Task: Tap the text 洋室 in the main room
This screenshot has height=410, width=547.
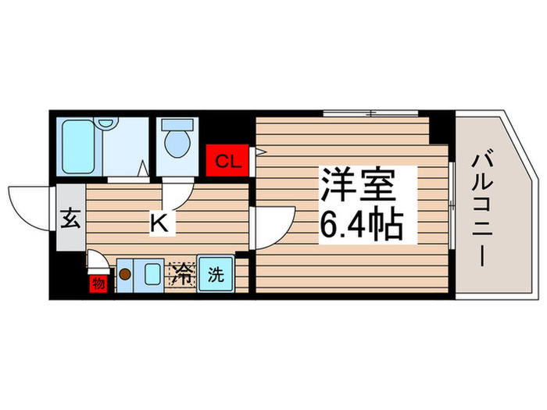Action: tap(359, 187)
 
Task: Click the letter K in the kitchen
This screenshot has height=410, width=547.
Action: tap(159, 223)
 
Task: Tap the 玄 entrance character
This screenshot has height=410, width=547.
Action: tap(70, 219)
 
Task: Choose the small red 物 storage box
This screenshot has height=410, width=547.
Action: tap(98, 282)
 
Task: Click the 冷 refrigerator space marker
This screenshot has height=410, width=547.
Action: tap(181, 275)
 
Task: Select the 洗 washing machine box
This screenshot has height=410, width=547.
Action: tap(215, 275)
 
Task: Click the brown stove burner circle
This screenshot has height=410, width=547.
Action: tap(124, 274)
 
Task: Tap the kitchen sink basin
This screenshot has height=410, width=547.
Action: tap(152, 275)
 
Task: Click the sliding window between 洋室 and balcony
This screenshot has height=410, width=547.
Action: tap(452, 202)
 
